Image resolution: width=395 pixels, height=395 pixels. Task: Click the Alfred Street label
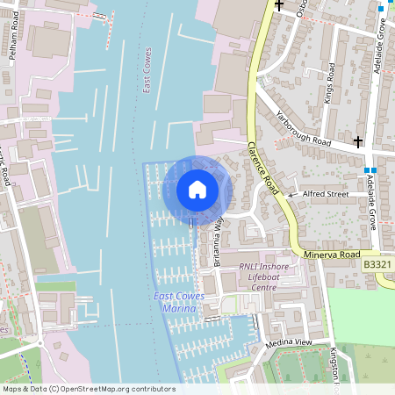[x=326, y=194]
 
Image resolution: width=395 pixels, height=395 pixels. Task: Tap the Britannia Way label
[x=211, y=242]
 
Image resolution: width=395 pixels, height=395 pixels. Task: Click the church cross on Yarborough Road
[x=357, y=141]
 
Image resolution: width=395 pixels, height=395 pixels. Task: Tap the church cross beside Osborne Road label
[x=279, y=5]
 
